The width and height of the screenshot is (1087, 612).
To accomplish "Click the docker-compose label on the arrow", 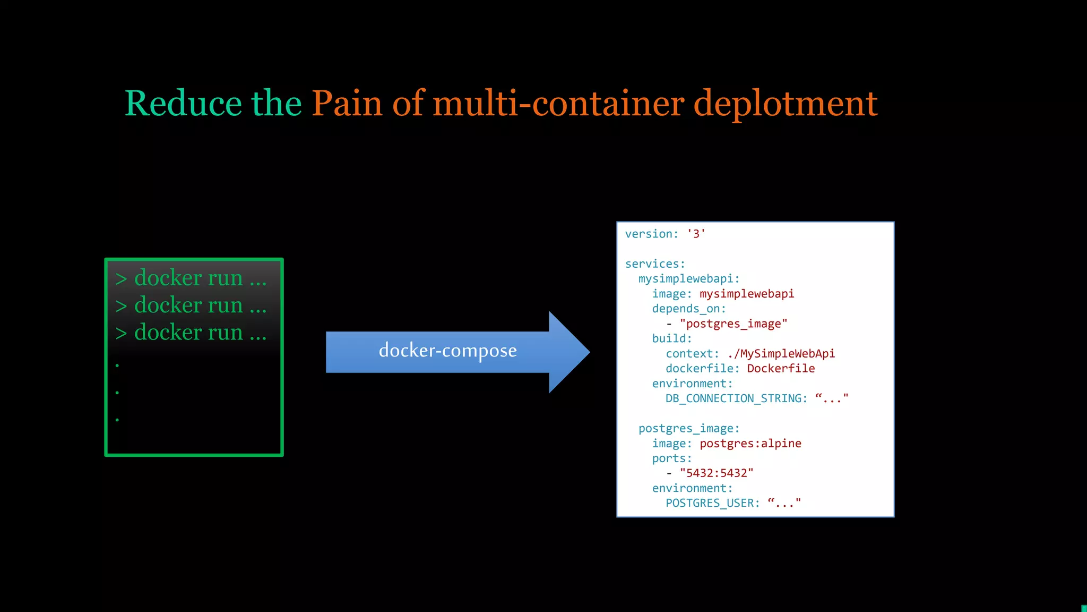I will point(447,351).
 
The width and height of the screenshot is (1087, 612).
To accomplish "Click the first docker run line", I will point(191,278).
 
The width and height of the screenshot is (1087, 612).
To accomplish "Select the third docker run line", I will point(191,333).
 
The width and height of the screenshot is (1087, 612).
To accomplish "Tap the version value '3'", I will point(696,234).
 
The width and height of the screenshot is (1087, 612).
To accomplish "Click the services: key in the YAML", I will point(655,264).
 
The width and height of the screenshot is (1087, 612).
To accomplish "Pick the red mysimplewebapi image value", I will point(746,294).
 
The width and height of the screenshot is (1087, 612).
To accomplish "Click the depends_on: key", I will point(688,309).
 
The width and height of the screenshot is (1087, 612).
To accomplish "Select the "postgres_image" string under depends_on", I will point(733,324).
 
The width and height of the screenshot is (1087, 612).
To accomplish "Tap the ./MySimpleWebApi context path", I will point(781,353).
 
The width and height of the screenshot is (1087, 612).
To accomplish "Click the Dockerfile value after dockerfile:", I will point(780,368).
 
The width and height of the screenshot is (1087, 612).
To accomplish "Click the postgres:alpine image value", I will point(750,443).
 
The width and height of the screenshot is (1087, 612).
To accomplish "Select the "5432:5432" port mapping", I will point(716,473).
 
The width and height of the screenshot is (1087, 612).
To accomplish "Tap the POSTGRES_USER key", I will point(712,503).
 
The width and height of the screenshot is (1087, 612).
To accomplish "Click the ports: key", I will point(671,458).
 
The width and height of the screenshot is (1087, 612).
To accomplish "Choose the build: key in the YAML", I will point(671,338).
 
